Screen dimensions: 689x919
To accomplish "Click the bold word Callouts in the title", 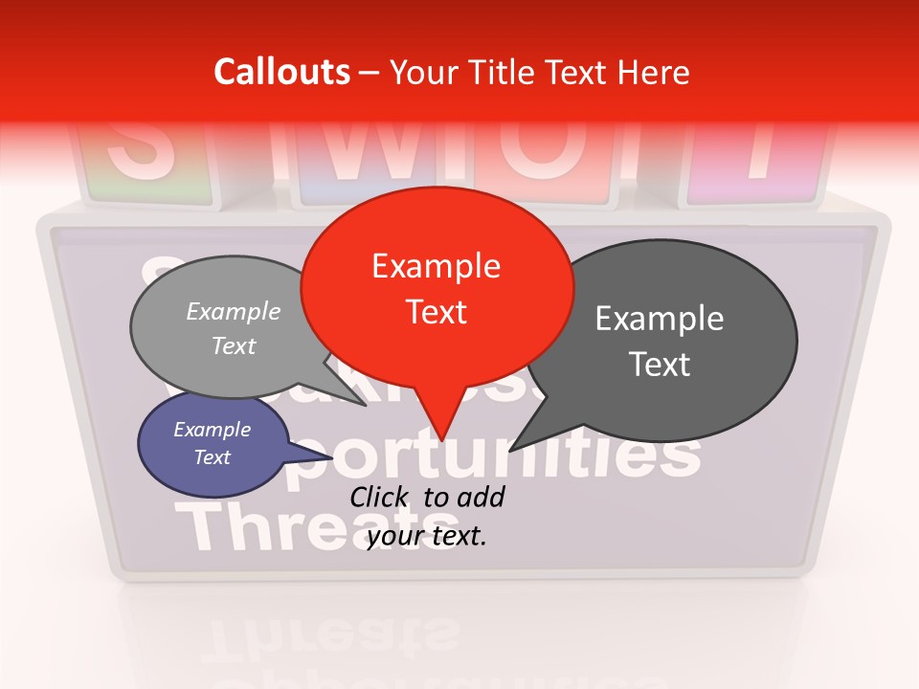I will (x=281, y=72).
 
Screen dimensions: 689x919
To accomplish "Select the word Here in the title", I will (x=652, y=72).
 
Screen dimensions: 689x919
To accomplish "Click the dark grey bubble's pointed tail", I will (x=517, y=444).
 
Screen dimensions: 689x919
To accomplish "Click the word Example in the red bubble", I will (x=436, y=266).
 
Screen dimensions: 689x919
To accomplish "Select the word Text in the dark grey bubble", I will (x=660, y=365).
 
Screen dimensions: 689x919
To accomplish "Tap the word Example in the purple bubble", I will (x=212, y=430).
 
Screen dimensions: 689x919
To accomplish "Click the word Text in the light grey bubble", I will (x=234, y=345).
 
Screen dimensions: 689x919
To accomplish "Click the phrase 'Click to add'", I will (x=427, y=498).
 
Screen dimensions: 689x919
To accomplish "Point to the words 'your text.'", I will (x=427, y=537).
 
